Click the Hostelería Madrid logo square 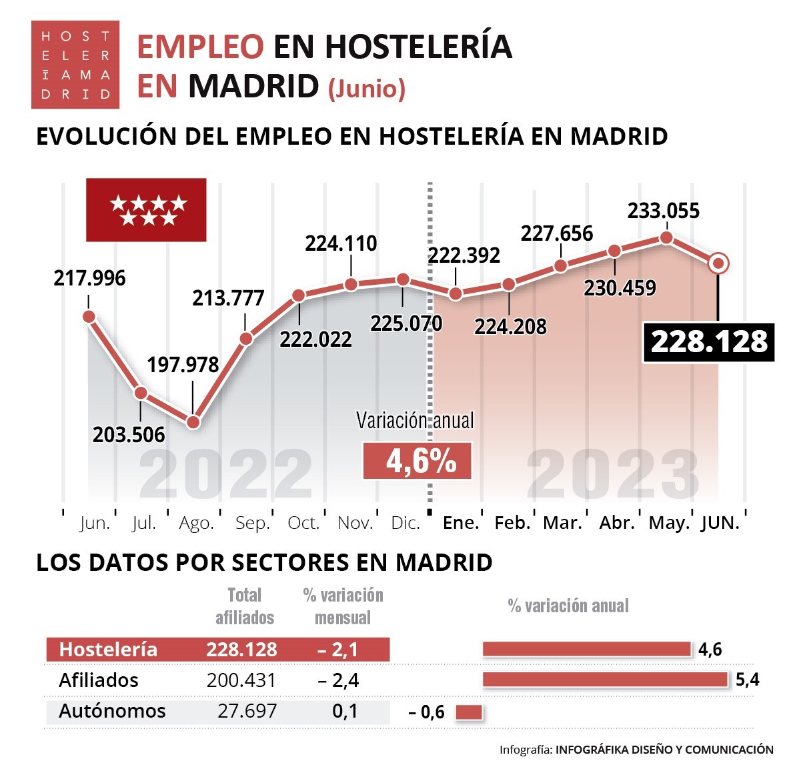point(75,65)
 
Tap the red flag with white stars point(146,210)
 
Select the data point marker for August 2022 point(193,422)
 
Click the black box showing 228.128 point(708,343)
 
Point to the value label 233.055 point(663,211)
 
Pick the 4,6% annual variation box point(418,462)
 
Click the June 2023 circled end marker point(718,263)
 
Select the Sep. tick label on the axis point(252,524)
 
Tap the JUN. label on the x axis point(720,524)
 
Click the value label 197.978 point(183,365)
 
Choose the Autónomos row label point(112,711)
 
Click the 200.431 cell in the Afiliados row point(241,680)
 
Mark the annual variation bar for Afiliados point(604,680)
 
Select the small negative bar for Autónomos point(469,712)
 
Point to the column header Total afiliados point(244,606)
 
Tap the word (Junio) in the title point(367,89)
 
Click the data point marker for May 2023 point(666,238)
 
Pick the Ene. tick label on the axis point(461,524)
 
